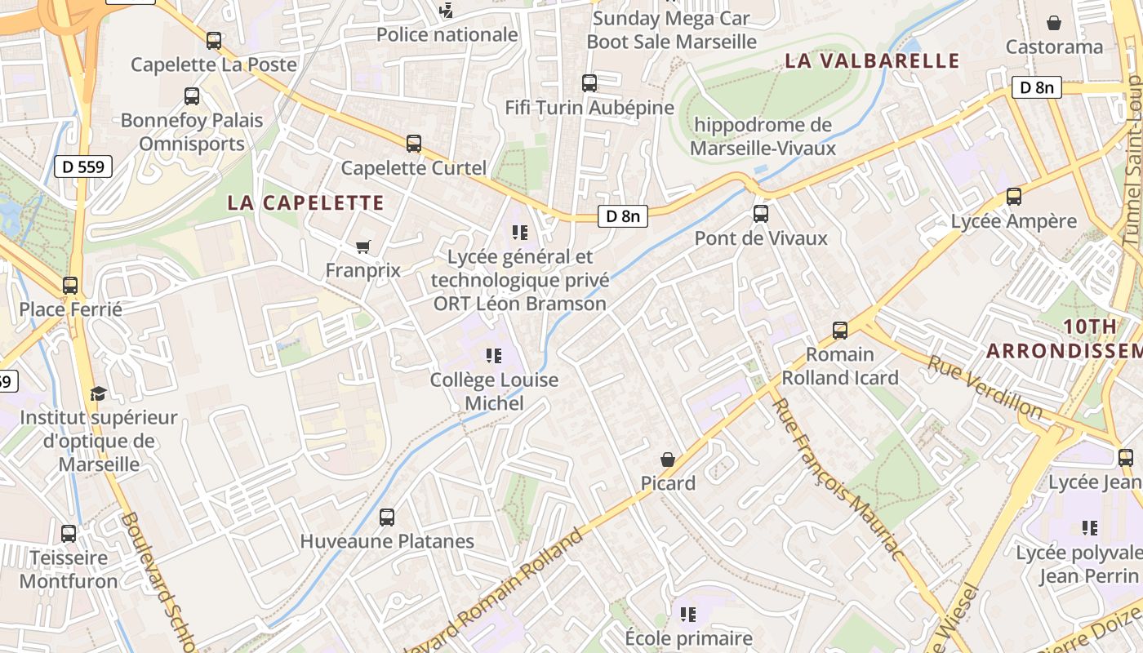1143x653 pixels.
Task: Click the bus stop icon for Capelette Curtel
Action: click(x=414, y=144)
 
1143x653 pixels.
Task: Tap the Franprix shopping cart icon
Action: click(x=363, y=246)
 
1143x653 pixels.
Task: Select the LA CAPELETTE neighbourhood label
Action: click(x=305, y=202)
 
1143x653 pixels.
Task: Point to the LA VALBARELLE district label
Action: click(x=872, y=60)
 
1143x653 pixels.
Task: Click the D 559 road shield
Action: click(x=83, y=167)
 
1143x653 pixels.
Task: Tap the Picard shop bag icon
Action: click(x=668, y=460)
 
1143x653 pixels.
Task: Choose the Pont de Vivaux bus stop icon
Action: click(x=761, y=214)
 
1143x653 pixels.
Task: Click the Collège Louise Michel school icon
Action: click(x=494, y=356)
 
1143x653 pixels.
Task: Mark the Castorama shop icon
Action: click(x=1054, y=23)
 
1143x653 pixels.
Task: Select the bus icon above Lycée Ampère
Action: click(x=1014, y=197)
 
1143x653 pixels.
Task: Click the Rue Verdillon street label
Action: click(x=985, y=387)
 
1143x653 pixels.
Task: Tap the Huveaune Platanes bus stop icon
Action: click(x=387, y=517)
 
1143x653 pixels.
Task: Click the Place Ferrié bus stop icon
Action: click(x=70, y=286)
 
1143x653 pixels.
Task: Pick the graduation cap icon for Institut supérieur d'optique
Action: click(x=98, y=394)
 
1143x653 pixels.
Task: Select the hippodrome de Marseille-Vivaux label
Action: click(x=763, y=136)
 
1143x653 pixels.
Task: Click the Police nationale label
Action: click(x=447, y=34)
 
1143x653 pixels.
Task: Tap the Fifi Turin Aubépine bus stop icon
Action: click(x=589, y=83)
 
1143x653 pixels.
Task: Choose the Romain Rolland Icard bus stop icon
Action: click(x=840, y=331)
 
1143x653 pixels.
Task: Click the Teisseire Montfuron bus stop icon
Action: click(x=69, y=534)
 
